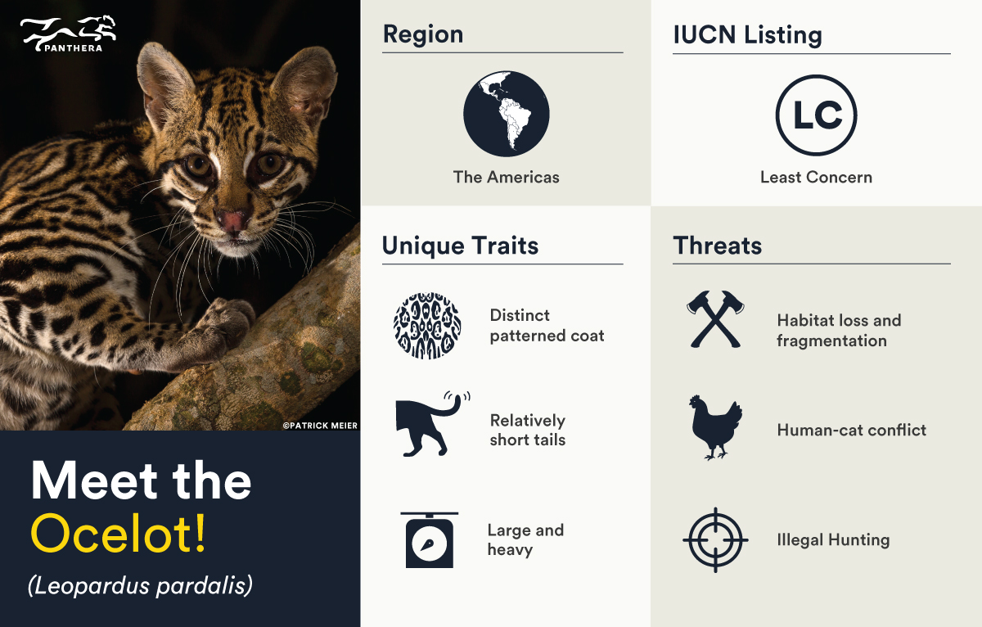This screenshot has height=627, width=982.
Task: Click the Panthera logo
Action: pyautogui.click(x=68, y=34)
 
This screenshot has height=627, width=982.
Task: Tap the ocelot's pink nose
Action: pyautogui.click(x=231, y=220)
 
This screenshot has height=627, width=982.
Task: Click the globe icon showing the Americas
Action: pyautogui.click(x=506, y=113)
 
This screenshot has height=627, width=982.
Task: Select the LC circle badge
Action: pyautogui.click(x=816, y=115)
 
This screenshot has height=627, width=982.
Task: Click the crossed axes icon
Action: pyautogui.click(x=715, y=319)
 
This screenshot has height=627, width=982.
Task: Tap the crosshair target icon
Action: pyautogui.click(x=715, y=539)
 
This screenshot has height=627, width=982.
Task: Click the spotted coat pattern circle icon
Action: pyautogui.click(x=427, y=325)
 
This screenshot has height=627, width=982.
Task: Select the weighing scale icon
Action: pyautogui.click(x=430, y=539)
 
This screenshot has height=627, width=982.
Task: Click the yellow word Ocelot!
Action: pyautogui.click(x=119, y=533)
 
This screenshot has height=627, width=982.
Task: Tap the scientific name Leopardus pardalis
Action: pyautogui.click(x=139, y=585)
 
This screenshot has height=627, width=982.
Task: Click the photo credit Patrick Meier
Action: pyautogui.click(x=320, y=425)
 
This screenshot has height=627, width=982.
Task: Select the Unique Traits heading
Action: pyautogui.click(x=460, y=246)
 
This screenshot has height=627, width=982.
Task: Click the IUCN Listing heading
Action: pyautogui.click(x=747, y=35)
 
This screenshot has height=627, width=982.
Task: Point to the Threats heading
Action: pyautogui.click(x=717, y=246)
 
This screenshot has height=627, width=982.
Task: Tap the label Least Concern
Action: pyautogui.click(x=816, y=177)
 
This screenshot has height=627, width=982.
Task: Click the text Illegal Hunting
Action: pyautogui.click(x=833, y=540)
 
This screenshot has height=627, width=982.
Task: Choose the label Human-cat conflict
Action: pyautogui.click(x=851, y=430)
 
